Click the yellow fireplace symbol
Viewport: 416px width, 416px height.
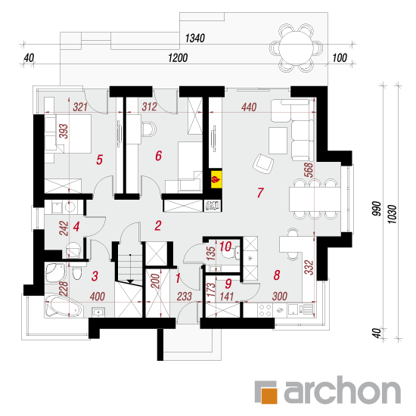pos(216,179)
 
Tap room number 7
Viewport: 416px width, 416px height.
pos(260,193)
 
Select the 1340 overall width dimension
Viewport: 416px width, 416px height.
pos(195,39)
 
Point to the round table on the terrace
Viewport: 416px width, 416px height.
pos(296,48)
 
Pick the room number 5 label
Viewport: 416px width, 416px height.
pos(99,160)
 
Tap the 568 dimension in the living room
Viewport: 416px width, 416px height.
pos(309,170)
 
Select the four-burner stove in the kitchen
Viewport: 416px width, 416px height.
pos(265,310)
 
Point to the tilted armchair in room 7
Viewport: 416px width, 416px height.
pos(263,163)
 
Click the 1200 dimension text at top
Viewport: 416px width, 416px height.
pos(178,57)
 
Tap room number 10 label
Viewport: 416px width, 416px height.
pos(225,247)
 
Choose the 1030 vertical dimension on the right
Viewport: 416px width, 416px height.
pos(393,214)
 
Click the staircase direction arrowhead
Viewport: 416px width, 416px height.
pos(130,281)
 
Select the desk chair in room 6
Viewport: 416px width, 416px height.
pos(149,129)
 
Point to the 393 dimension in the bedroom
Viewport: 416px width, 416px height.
pos(64,131)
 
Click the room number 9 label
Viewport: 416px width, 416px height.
pos(228,284)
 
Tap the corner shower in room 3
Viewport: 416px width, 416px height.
pos(55,273)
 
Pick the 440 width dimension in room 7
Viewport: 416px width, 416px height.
pos(249,107)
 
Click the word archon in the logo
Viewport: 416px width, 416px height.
pos(342,390)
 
